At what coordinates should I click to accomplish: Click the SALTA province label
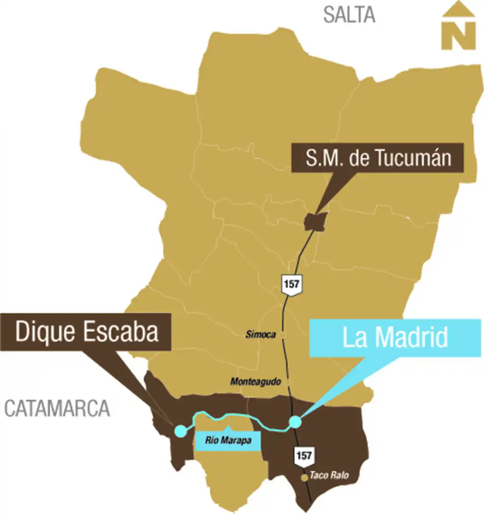349,15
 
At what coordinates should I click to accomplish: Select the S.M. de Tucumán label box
378,158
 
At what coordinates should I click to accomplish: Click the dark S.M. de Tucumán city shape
316,221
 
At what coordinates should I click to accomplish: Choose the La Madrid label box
395,338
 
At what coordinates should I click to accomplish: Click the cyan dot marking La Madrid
295,422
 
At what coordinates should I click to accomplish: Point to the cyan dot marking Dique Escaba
180,430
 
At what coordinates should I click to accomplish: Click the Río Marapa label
228,440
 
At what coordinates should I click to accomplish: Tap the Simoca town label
261,335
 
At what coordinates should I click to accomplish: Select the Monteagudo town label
255,381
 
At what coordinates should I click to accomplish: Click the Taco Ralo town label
329,475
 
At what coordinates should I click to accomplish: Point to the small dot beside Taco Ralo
304,477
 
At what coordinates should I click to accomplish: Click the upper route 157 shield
291,284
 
